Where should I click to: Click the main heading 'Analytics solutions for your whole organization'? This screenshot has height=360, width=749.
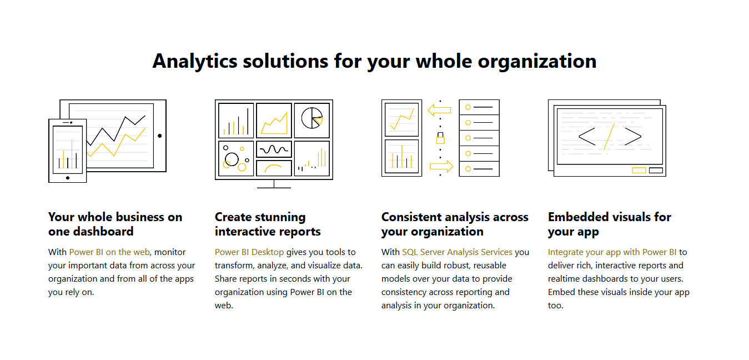pyautogui.click(x=374, y=61)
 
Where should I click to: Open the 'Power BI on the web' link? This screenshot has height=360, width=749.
pyautogui.click(x=109, y=252)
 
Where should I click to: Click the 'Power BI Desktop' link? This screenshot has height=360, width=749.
pyautogui.click(x=249, y=252)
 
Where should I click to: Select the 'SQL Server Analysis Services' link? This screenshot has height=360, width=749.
pyautogui.click(x=457, y=252)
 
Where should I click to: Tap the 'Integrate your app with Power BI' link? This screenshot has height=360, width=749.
pyautogui.click(x=612, y=252)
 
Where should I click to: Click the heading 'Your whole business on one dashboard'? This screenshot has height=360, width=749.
pyautogui.click(x=115, y=224)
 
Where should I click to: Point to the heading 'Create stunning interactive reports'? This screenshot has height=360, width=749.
pyautogui.click(x=268, y=224)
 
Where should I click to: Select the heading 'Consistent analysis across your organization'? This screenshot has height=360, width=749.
pyautogui.click(x=455, y=224)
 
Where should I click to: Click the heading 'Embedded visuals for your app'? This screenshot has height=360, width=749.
pyautogui.click(x=609, y=224)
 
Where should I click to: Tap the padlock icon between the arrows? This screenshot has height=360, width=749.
pyautogui.click(x=440, y=139)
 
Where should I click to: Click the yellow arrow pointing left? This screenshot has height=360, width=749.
pyautogui.click(x=439, y=111)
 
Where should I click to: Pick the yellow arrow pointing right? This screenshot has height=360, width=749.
pyautogui.click(x=441, y=166)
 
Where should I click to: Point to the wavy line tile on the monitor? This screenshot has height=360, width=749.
pyautogui.click(x=274, y=149)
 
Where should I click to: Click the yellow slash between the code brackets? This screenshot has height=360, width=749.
pyautogui.click(x=609, y=137)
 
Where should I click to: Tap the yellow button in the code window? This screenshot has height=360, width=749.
pyautogui.click(x=639, y=170)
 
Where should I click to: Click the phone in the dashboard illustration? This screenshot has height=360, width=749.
pyautogui.click(x=68, y=151)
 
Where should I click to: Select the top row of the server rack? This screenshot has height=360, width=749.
pyautogui.click(x=479, y=107)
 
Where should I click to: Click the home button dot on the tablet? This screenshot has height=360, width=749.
pyautogui.click(x=160, y=136)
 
